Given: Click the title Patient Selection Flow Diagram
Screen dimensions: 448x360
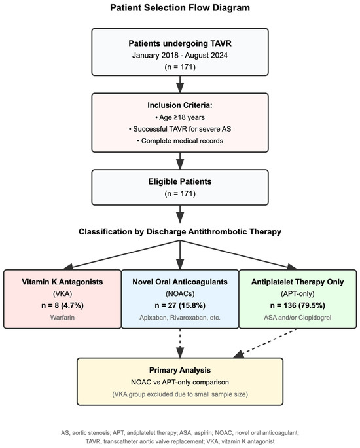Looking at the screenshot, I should pos(179,9).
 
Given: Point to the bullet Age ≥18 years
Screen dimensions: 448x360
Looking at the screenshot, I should pos(179,118).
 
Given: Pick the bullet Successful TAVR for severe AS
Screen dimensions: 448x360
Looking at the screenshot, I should pos(179,130).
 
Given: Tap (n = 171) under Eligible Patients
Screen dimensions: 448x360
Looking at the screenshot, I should pos(179,194).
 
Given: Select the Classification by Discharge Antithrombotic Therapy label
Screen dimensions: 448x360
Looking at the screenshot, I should pos(179,231).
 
